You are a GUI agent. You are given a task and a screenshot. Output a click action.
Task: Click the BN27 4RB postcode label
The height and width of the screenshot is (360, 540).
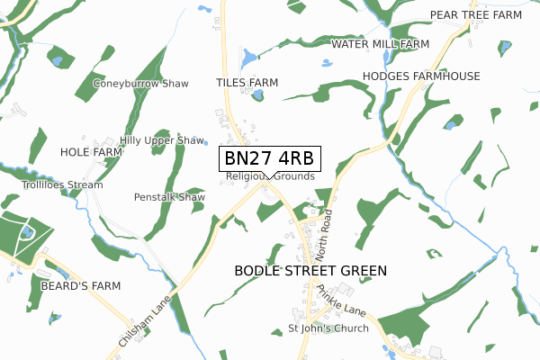(x=268, y=158)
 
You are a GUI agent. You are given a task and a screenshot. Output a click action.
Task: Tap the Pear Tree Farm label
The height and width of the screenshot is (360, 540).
(x=476, y=15)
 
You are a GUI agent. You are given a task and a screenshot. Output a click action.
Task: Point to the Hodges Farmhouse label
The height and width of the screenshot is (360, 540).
(x=421, y=76)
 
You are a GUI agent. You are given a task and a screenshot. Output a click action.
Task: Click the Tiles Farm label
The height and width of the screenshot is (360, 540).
(x=247, y=83)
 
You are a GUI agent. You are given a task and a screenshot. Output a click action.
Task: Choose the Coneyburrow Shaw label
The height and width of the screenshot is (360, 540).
(x=141, y=84)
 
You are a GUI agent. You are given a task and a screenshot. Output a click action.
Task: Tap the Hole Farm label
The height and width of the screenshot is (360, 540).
(x=91, y=153)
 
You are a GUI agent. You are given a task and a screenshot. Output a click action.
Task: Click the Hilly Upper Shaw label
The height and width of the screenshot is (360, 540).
(x=163, y=141)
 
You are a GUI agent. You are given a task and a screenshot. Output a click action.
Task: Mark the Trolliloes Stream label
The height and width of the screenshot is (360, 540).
(x=63, y=185)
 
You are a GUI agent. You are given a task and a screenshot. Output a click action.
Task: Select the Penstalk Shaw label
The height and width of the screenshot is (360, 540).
(x=169, y=197)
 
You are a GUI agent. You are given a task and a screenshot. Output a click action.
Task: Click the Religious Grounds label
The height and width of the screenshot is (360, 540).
(x=271, y=176)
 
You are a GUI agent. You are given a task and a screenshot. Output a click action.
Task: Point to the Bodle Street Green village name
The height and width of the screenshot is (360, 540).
(x=310, y=270)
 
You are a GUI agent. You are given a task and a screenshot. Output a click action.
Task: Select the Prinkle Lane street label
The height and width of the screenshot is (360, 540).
(x=340, y=301)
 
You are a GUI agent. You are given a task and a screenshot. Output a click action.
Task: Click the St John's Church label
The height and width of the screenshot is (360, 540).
(x=328, y=328)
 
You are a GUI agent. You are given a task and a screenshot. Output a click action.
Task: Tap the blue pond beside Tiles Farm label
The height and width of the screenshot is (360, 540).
(x=258, y=94)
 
